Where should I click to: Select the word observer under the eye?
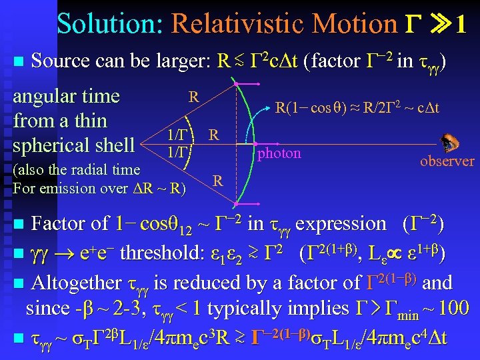[447, 161]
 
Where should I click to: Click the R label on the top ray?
[193, 96]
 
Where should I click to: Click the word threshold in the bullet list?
[157, 253]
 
